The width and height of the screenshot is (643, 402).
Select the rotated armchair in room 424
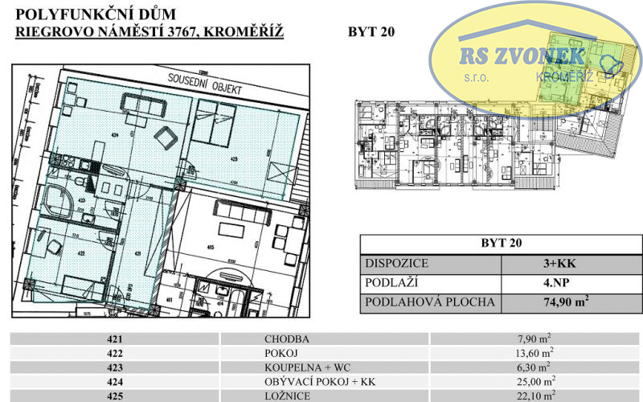pos(166,136)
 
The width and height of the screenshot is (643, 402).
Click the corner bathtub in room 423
pos(57,201)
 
